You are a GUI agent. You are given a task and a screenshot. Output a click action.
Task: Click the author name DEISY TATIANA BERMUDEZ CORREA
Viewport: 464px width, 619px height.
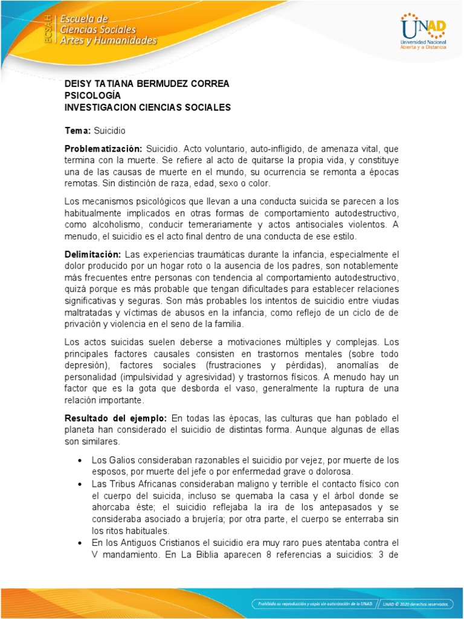click(147, 83)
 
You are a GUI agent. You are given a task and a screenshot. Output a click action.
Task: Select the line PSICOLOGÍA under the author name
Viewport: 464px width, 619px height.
click(92, 96)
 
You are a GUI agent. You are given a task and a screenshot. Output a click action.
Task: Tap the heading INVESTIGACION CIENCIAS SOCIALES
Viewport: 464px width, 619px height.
click(147, 108)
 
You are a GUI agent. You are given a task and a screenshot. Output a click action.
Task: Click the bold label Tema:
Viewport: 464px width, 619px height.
click(77, 130)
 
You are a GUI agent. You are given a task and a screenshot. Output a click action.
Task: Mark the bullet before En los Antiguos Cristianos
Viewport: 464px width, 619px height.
click(80, 543)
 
